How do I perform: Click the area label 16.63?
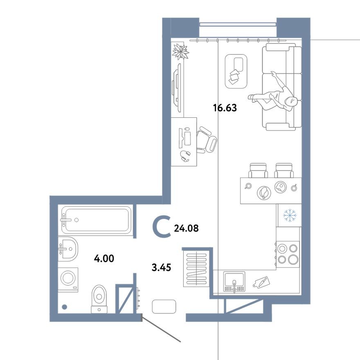225,108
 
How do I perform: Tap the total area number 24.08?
186,228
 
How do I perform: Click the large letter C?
161,227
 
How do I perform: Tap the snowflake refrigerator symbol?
290,215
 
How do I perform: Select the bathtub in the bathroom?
96,220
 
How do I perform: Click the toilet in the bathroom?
99,297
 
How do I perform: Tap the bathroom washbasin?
67,248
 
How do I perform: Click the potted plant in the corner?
180,51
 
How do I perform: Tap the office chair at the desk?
207,139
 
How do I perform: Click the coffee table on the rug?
236,71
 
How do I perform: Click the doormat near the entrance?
164,306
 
